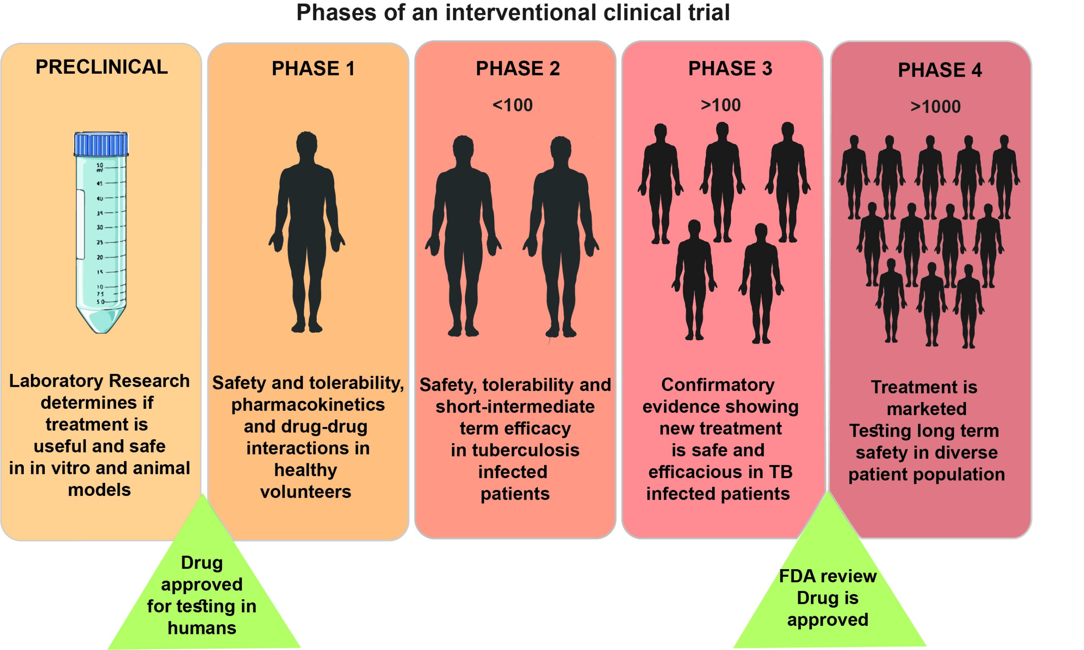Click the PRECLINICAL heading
(x=102, y=67)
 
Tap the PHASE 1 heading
(x=313, y=69)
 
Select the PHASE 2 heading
(x=518, y=69)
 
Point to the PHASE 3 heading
(x=730, y=69)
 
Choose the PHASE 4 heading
(x=940, y=70)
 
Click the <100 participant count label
(x=513, y=105)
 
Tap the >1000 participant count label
(x=935, y=107)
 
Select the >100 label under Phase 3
(x=721, y=105)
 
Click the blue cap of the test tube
(x=101, y=144)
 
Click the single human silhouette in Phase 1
(x=307, y=232)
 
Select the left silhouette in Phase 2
(x=463, y=236)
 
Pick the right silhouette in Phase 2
(x=561, y=237)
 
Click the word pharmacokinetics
(x=308, y=405)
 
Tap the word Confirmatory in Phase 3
(x=718, y=385)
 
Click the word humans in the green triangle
(x=202, y=628)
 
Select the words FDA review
(x=828, y=576)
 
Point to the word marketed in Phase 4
(x=927, y=409)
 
